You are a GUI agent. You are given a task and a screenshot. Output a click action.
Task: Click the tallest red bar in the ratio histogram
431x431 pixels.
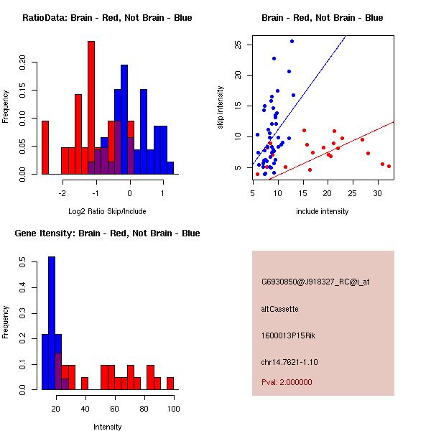[91, 108]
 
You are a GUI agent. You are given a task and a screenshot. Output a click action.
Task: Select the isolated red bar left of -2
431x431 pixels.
[45, 147]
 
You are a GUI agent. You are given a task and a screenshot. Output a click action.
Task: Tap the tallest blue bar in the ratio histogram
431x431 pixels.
[124, 119]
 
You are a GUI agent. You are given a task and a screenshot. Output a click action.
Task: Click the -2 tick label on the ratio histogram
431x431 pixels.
[63, 193]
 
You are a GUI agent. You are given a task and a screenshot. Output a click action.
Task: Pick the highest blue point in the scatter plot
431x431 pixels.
[292, 42]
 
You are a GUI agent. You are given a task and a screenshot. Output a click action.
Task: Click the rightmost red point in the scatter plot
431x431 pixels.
[389, 166]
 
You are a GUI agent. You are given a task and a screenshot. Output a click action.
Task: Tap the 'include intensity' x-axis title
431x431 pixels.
[323, 212]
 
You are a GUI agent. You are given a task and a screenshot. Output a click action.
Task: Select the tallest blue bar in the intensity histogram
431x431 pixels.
[52, 323]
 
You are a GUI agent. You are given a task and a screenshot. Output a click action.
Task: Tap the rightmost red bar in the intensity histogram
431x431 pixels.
[170, 383]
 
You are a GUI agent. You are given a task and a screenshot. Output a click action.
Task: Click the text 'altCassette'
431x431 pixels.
[280, 309]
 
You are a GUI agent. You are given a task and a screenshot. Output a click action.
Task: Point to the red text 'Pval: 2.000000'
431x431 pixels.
[287, 382]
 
